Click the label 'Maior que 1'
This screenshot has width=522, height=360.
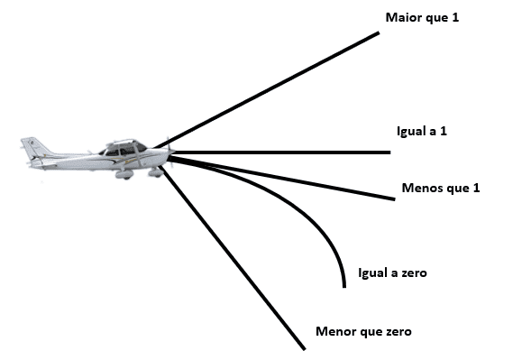pos(422,17)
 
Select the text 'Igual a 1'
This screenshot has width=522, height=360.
pos(422,131)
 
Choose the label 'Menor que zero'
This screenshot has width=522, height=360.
pos(363,331)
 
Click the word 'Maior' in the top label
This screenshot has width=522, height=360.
pos(401,17)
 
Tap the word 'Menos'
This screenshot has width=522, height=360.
pos(420,188)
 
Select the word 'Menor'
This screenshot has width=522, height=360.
pos(333,331)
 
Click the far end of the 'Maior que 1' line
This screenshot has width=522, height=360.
pos(379,33)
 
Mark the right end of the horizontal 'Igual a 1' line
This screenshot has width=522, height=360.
pos(389,152)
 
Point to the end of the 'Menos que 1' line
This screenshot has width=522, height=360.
pos(394,198)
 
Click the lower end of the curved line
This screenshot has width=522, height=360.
pos(344,286)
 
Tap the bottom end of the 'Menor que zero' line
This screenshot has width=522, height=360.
pos(305,348)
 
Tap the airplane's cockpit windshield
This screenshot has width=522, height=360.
pos(140,147)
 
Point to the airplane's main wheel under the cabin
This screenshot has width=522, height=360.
pos(124,175)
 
